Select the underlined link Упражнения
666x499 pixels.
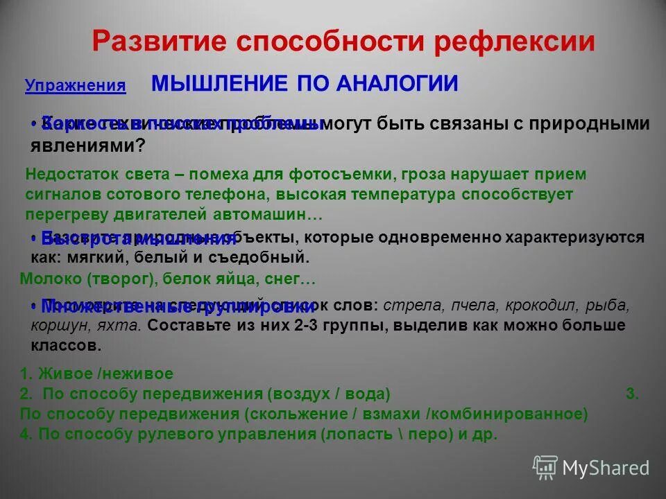click(x=76, y=86)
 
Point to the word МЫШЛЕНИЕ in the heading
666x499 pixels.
click(x=219, y=84)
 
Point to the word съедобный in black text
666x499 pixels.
click(x=271, y=257)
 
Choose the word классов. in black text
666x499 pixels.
click(x=67, y=345)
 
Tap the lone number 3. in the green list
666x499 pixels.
click(x=632, y=394)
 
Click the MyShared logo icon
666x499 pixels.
click(x=545, y=467)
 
